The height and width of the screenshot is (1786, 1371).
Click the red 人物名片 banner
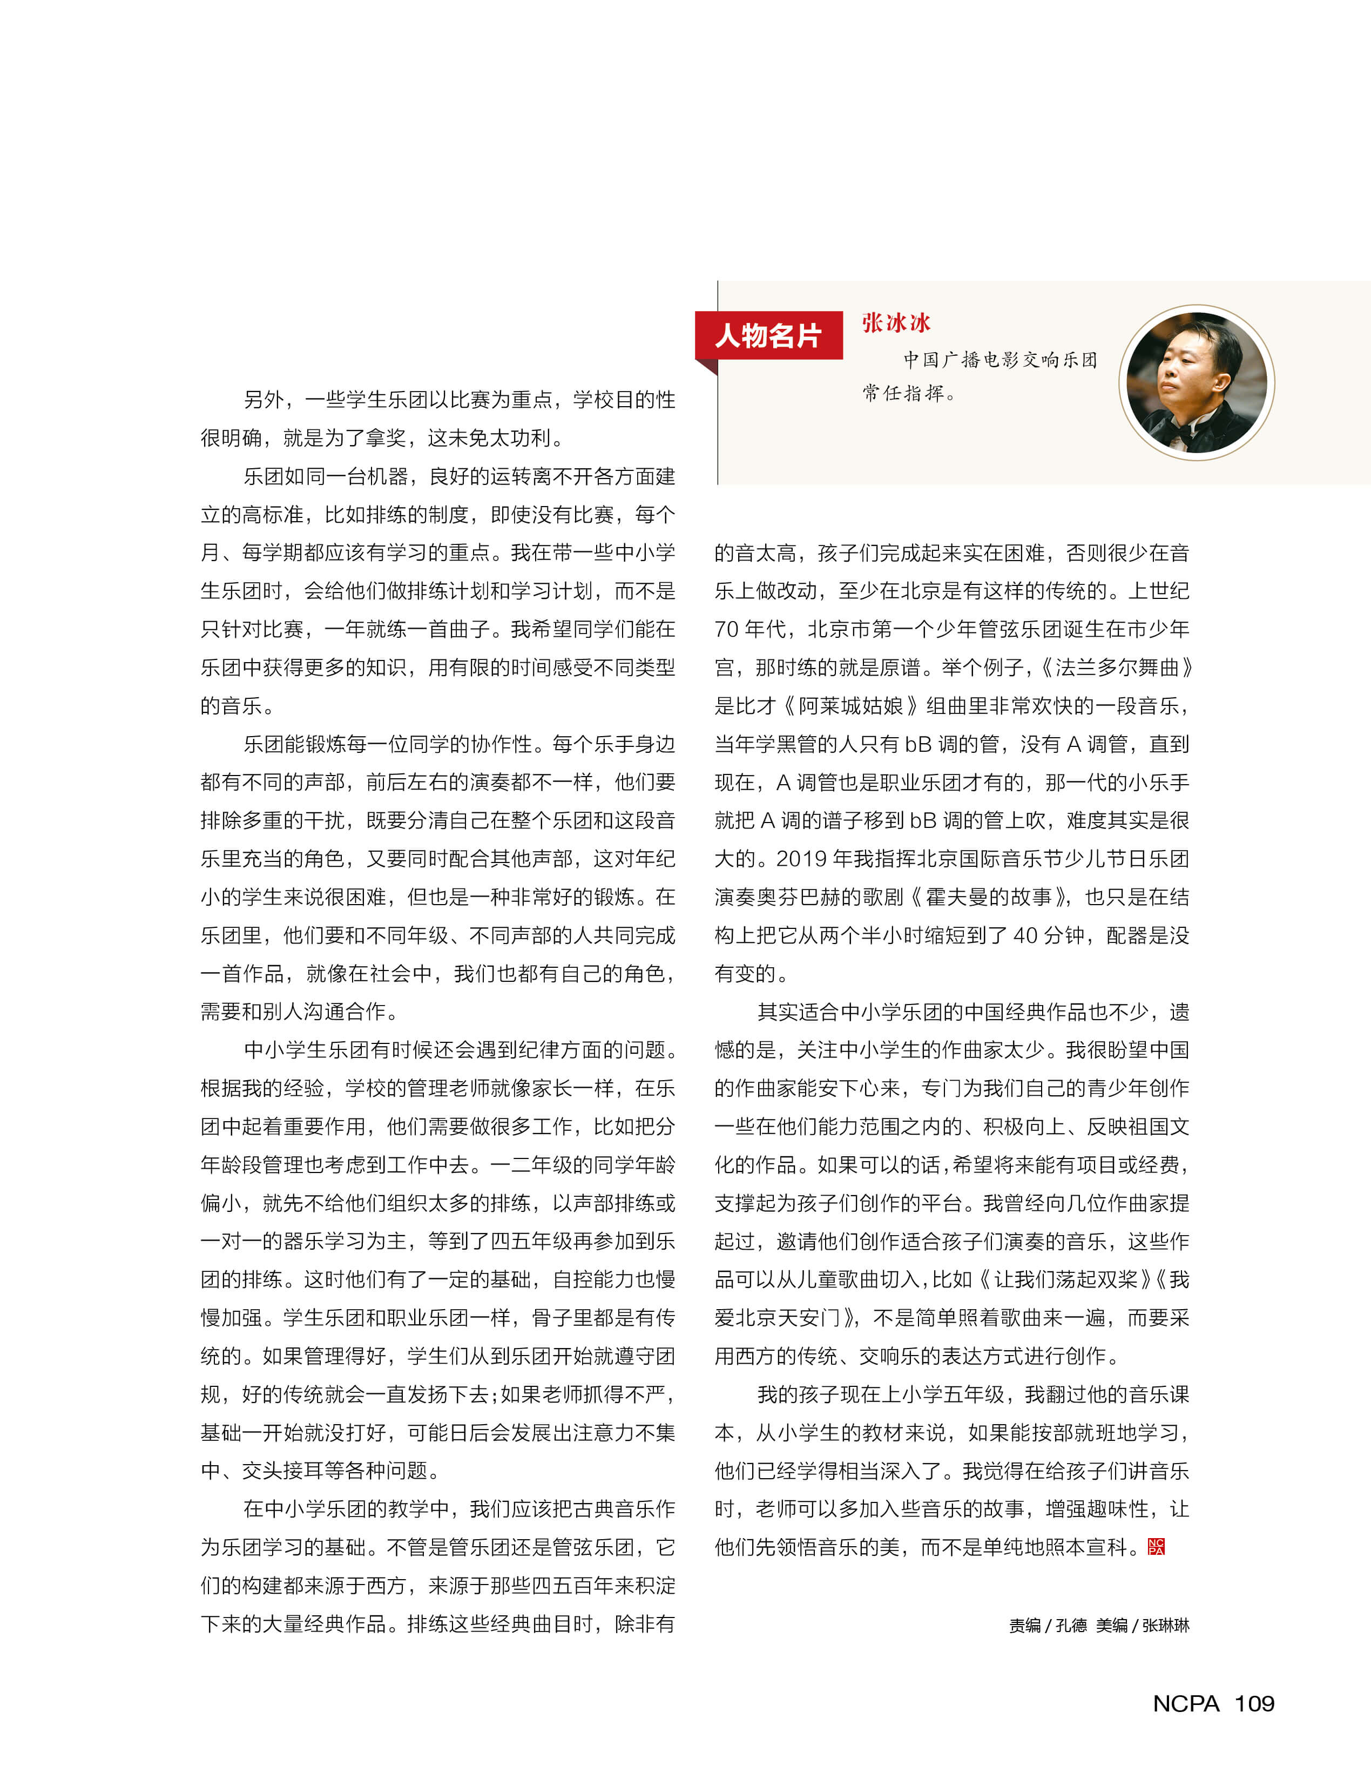(768, 335)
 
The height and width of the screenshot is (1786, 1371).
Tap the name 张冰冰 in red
(895, 323)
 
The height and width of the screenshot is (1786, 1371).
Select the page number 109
(1254, 1703)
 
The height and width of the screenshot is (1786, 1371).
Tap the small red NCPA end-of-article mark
(1156, 1546)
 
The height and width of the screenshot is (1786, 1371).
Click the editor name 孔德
(1071, 1625)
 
